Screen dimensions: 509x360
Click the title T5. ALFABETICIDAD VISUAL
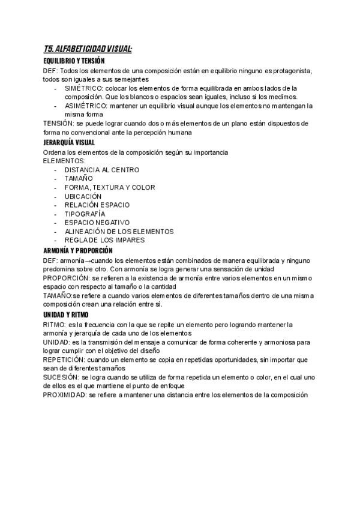click(x=88, y=49)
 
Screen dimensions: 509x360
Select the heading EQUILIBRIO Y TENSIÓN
click(x=74, y=61)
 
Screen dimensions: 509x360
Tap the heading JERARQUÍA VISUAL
click(x=70, y=143)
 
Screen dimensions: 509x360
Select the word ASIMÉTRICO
click(x=85, y=106)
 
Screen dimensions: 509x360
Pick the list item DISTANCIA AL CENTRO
click(x=102, y=170)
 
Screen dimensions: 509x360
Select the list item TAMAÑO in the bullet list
click(x=79, y=178)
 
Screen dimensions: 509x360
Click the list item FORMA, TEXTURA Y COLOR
click(x=110, y=187)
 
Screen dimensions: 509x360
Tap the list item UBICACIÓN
click(x=83, y=196)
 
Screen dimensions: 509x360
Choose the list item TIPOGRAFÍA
click(x=85, y=214)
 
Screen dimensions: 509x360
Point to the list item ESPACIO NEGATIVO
click(x=97, y=223)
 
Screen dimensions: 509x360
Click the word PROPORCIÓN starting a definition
click(x=66, y=279)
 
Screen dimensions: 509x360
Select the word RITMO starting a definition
click(x=55, y=325)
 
